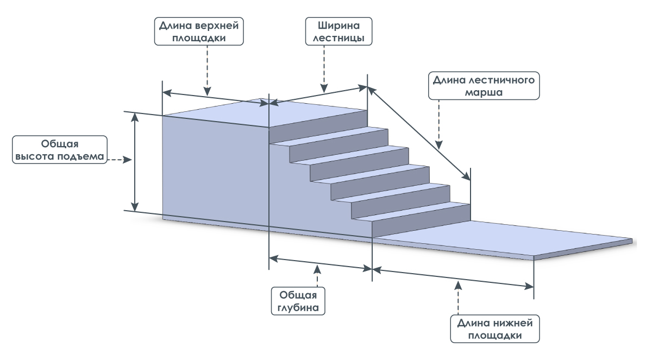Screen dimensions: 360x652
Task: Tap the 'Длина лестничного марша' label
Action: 484,86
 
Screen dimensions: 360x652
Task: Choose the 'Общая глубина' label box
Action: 298,301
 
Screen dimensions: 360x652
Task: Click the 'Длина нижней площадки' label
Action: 494,329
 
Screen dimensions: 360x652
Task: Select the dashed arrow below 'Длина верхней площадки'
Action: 206,70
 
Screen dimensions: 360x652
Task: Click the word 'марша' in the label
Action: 484,92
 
